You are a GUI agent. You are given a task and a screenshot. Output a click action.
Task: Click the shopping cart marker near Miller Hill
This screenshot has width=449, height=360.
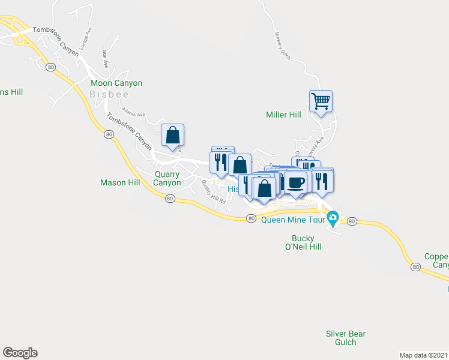[x=321, y=101]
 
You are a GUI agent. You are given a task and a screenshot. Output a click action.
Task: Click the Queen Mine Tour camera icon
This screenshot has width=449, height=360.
[x=334, y=218]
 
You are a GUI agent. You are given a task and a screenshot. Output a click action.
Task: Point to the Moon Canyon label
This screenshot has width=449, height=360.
[x=116, y=83]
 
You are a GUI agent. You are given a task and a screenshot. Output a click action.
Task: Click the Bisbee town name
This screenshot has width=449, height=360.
[x=109, y=94]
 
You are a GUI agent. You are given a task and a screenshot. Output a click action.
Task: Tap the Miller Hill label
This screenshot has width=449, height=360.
[x=283, y=115]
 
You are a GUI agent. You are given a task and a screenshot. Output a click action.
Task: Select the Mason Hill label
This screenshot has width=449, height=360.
[x=120, y=182]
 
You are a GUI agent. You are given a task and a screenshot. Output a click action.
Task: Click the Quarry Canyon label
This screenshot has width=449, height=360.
[x=167, y=178]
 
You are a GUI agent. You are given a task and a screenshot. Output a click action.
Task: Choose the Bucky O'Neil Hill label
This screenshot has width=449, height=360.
[x=303, y=242]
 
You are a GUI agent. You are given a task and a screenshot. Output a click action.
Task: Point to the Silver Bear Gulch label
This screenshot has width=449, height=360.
[x=345, y=338]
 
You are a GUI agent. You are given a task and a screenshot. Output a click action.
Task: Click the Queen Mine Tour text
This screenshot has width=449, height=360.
[x=293, y=220]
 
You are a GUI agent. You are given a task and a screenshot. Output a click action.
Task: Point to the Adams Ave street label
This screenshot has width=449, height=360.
[x=134, y=112]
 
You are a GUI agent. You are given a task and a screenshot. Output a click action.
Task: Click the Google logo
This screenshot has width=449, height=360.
[x=20, y=353]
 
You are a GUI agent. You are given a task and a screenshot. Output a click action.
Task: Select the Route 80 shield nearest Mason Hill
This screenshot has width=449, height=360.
[x=170, y=198]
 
